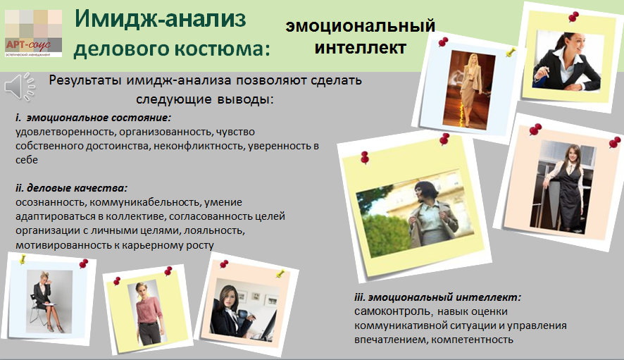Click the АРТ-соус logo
click(x=33, y=33)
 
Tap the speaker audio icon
click(x=20, y=86)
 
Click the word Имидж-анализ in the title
click(x=160, y=19)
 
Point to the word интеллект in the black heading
click(x=360, y=47)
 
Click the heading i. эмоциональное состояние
click(x=94, y=118)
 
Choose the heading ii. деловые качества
click(x=72, y=187)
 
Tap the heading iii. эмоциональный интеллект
click(x=437, y=297)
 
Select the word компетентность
click(x=473, y=340)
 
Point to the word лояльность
click(x=215, y=230)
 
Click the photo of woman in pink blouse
click(x=148, y=313)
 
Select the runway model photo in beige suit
click(x=469, y=89)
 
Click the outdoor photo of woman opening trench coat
click(x=415, y=213)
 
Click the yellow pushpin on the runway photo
click(x=510, y=51)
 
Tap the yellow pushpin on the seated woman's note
click(x=23, y=259)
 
